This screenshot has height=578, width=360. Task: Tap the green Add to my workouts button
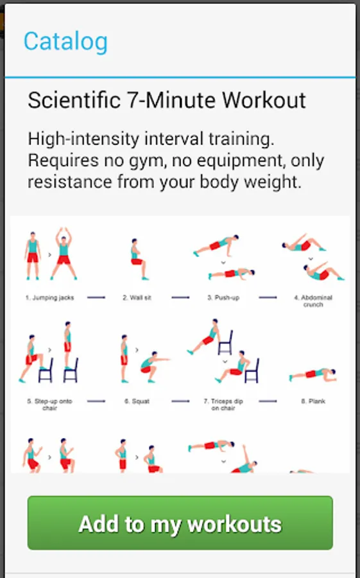point(180,523)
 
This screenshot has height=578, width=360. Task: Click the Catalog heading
point(65,42)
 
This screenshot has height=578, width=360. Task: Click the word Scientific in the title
point(74,100)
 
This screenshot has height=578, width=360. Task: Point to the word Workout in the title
point(264,100)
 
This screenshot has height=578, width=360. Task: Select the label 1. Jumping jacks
point(50,298)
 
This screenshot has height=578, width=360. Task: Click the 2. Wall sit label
point(137,298)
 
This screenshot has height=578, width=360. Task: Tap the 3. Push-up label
point(223,298)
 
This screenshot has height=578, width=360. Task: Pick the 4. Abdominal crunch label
point(313,301)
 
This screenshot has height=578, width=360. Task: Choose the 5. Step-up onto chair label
point(49,405)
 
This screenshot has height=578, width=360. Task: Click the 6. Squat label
point(137,401)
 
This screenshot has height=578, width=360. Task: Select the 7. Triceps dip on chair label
point(223,405)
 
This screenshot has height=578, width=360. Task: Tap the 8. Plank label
point(313,401)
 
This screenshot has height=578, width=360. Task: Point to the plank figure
point(313,375)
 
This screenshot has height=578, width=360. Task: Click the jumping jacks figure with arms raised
point(64,254)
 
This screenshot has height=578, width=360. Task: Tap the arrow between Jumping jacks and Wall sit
point(96,297)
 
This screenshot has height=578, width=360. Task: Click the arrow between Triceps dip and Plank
point(268,401)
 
